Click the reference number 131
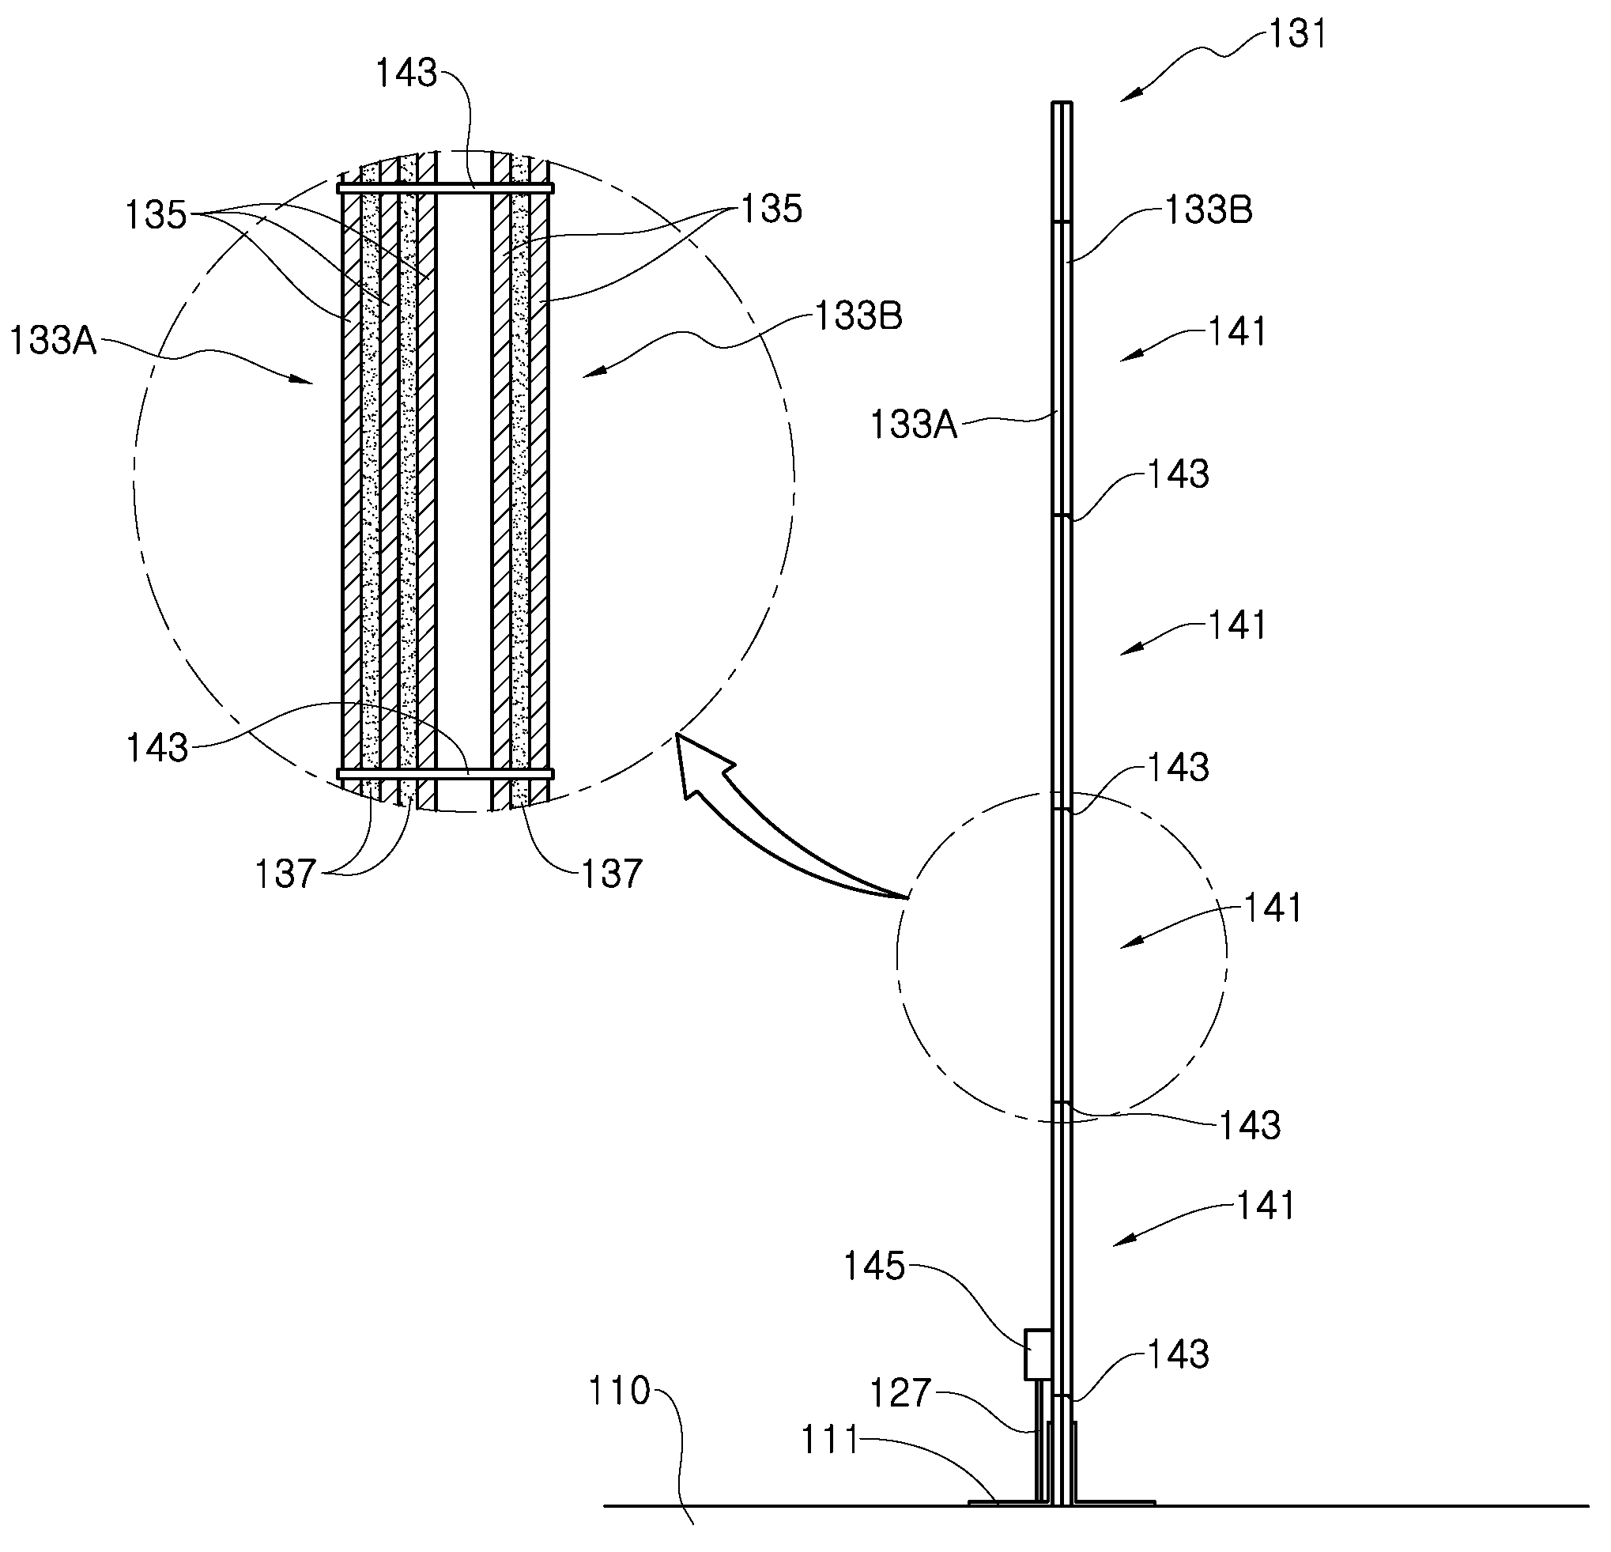[1298, 35]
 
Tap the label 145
[873, 1266]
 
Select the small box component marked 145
[1037, 1354]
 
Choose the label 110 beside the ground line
[619, 1391]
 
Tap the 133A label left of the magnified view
[54, 340]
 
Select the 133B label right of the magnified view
[858, 315]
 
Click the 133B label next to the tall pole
[1208, 210]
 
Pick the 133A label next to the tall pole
[914, 426]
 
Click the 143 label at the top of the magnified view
[406, 74]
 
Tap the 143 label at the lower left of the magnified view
[157, 748]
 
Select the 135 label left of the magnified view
[157, 215]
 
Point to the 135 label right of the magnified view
[771, 210]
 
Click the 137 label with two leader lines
[285, 874]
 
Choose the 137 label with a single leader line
[612, 874]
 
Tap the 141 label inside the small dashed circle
[1273, 908]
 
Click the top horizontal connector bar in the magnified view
[446, 188]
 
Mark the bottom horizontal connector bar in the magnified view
[446, 773]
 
